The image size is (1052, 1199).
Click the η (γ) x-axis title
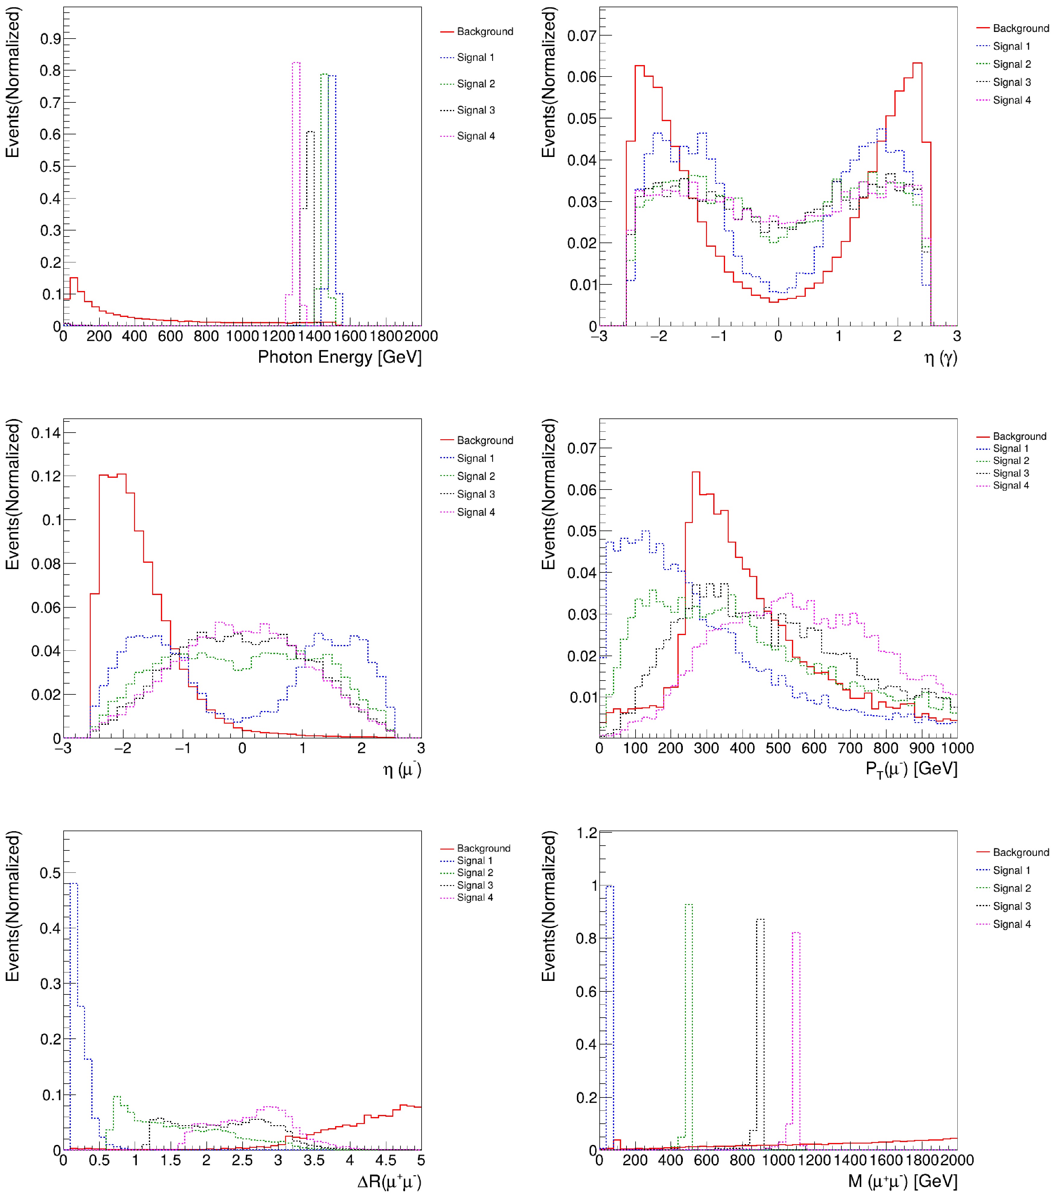click(x=940, y=357)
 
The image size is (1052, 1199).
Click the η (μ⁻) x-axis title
click(x=402, y=769)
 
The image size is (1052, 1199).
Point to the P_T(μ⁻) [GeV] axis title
click(x=911, y=769)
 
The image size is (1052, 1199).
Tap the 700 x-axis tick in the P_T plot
click(x=849, y=748)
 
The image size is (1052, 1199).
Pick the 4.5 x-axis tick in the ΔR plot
click(x=385, y=1160)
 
